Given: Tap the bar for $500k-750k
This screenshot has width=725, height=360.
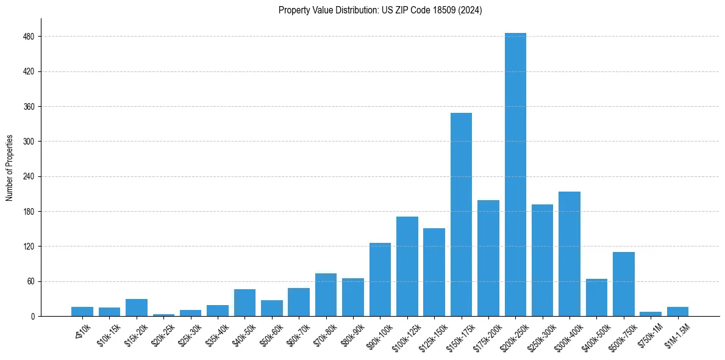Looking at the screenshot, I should (x=623, y=284).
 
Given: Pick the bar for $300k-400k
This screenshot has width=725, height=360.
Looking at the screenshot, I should (x=570, y=254).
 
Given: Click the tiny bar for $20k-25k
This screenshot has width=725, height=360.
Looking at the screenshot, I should (x=163, y=315).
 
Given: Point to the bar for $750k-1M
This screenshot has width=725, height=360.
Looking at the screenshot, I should (x=651, y=314).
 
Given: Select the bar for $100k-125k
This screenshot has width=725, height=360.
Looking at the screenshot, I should (x=407, y=267).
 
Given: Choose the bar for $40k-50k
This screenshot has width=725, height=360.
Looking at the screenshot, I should (x=245, y=303).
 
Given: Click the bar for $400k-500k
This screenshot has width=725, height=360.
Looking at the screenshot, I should (x=596, y=298).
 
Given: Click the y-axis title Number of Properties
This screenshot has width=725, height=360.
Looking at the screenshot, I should (x=10, y=167).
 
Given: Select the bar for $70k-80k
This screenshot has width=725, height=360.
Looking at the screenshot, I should (x=326, y=295).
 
